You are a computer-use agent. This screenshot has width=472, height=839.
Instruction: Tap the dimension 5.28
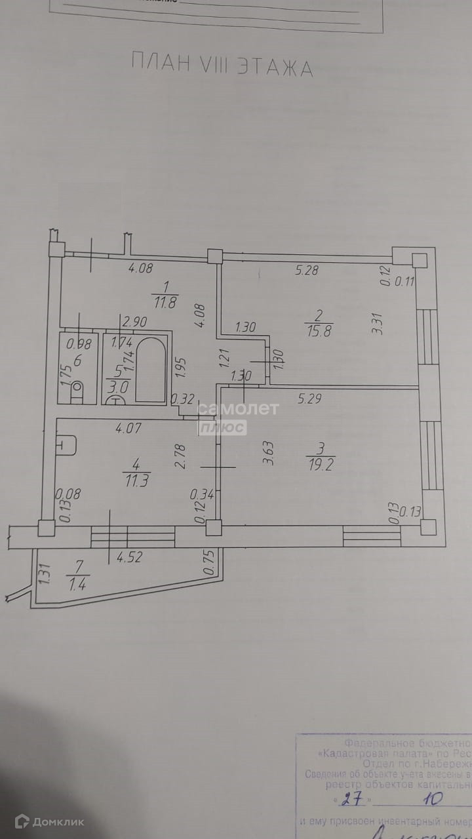[307, 269]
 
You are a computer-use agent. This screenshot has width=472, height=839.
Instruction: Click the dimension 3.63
[266, 450]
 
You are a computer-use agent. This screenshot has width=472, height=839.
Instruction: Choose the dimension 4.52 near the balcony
[130, 559]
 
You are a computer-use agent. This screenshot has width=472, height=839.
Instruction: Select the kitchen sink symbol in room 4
[68, 446]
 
